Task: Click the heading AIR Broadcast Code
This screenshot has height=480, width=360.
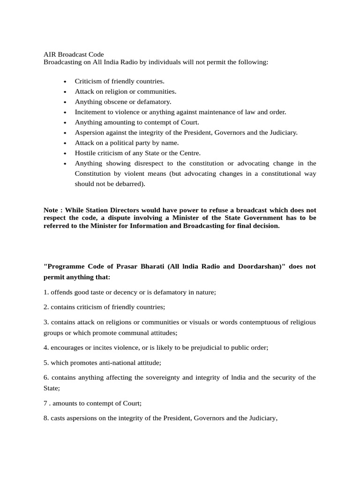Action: coord(74,54)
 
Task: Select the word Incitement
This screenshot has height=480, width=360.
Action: coord(90,112)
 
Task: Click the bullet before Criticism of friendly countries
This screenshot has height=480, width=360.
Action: coord(65,82)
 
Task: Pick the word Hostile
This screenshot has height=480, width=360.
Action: coord(85,153)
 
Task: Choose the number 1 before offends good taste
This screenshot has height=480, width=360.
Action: coord(45,292)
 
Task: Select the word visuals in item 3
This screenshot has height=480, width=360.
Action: coord(202,322)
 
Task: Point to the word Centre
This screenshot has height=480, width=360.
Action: coord(188,153)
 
